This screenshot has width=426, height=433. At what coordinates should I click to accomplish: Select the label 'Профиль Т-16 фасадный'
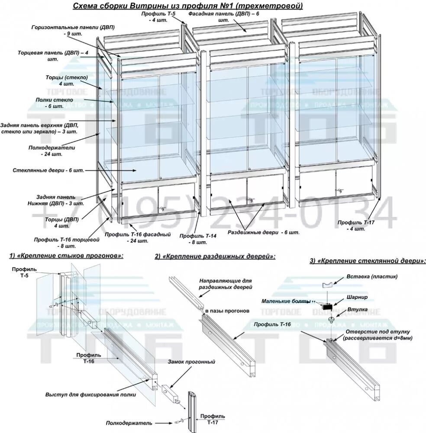tap(138, 234)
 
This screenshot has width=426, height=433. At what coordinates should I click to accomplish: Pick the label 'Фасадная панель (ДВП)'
tap(223, 14)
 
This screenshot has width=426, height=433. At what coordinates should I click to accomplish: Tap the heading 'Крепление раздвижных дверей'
tap(215, 256)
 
